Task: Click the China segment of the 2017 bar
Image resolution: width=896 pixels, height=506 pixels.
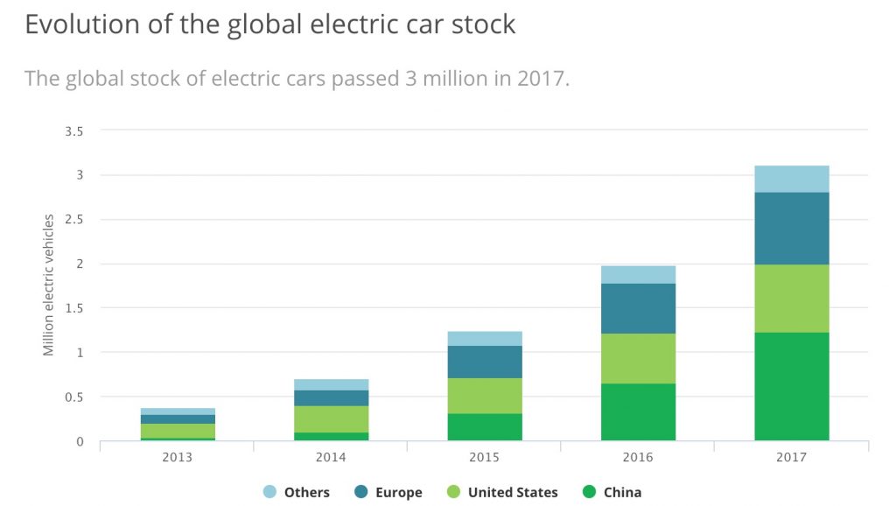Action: point(791,386)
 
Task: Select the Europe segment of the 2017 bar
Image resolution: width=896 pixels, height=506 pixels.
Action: point(791,228)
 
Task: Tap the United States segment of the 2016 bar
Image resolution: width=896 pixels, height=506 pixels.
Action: point(638,358)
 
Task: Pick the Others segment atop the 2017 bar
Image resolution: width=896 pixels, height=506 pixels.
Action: point(791,179)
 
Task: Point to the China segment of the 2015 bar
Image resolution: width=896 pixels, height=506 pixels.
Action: point(485,426)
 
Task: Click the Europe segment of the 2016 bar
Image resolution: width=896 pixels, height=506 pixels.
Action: point(638,308)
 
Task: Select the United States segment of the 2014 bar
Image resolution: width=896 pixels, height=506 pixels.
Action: point(331,418)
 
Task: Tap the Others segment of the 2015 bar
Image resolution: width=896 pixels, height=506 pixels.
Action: point(485,338)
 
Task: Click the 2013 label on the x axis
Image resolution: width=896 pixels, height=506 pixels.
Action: point(178,457)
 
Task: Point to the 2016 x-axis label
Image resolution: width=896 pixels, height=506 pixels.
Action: point(638,457)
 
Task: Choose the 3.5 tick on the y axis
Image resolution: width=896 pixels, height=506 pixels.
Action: point(73,131)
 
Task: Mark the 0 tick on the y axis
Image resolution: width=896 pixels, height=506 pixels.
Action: point(79,441)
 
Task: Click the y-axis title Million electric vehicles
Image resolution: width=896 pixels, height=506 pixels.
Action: point(49,285)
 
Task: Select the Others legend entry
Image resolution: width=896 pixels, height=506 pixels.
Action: point(297,492)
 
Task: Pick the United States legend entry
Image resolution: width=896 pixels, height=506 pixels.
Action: point(503,492)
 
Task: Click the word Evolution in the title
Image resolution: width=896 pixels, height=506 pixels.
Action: point(76,24)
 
